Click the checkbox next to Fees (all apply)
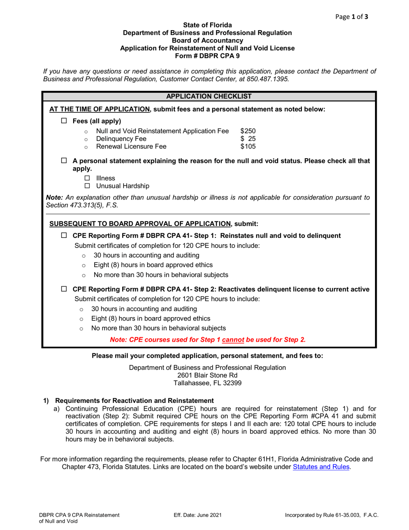pos(64,121)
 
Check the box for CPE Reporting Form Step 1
pos(64,236)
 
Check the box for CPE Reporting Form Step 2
pos(64,289)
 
